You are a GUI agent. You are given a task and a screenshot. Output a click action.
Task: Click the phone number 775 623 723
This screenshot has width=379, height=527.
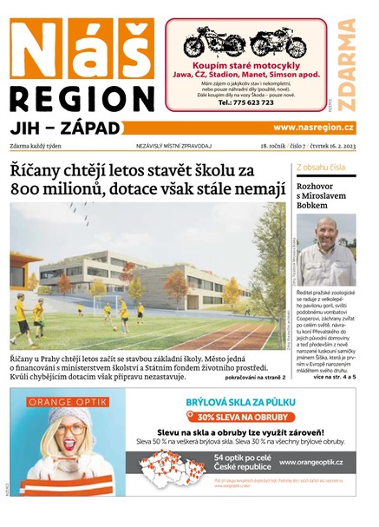click(245, 102)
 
